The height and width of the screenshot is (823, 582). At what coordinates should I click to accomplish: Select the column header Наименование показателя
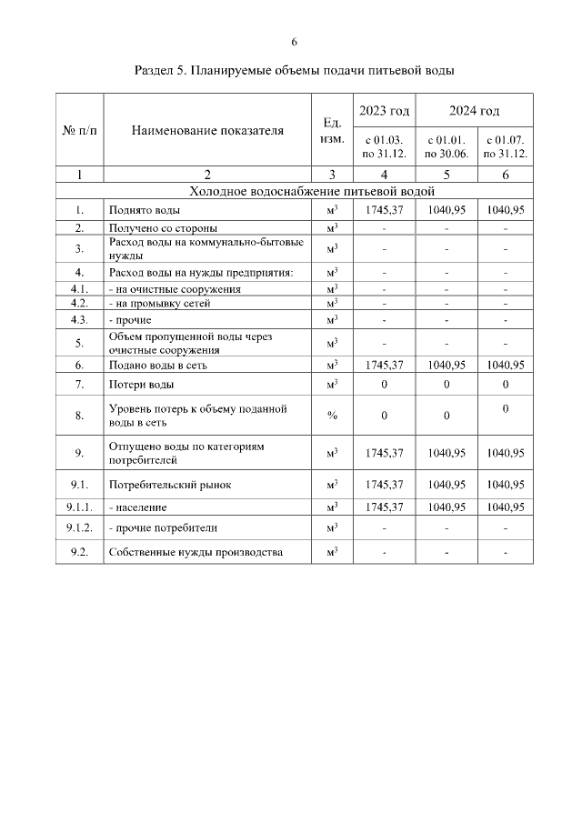pyautogui.click(x=207, y=130)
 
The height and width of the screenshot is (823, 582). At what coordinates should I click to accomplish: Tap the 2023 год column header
pyautogui.click(x=384, y=111)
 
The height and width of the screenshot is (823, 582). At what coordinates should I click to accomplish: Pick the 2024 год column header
pyautogui.click(x=474, y=111)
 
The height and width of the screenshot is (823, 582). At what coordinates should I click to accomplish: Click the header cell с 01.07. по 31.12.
pyautogui.click(x=505, y=146)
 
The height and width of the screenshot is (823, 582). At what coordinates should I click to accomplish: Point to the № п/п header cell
pyautogui.click(x=80, y=130)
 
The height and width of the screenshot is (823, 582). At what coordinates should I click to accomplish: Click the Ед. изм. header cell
pyautogui.click(x=332, y=130)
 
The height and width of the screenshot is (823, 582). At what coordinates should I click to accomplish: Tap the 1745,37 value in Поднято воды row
pyautogui.click(x=384, y=210)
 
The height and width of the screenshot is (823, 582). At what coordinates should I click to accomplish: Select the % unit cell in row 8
pyautogui.click(x=332, y=416)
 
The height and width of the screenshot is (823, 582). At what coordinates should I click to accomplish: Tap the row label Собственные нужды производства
pyautogui.click(x=195, y=552)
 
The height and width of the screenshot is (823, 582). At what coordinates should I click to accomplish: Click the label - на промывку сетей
pyautogui.click(x=159, y=303)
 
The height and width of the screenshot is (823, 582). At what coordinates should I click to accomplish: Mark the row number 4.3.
pyautogui.click(x=80, y=320)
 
